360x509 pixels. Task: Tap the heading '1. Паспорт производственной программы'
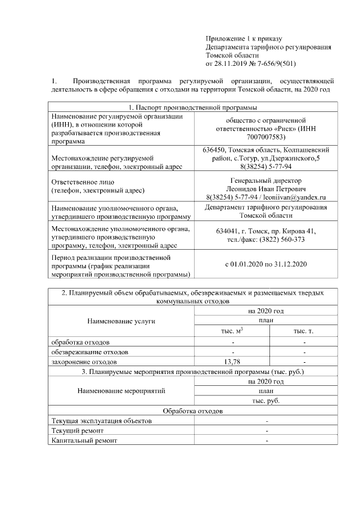pos(193,107)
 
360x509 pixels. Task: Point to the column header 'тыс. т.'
pos(304,331)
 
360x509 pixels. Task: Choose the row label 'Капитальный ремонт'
pos(84,440)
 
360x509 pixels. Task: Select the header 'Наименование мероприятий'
pos(121,391)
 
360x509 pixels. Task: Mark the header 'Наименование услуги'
pos(121,321)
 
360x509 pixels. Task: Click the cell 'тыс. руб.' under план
pos(265,400)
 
